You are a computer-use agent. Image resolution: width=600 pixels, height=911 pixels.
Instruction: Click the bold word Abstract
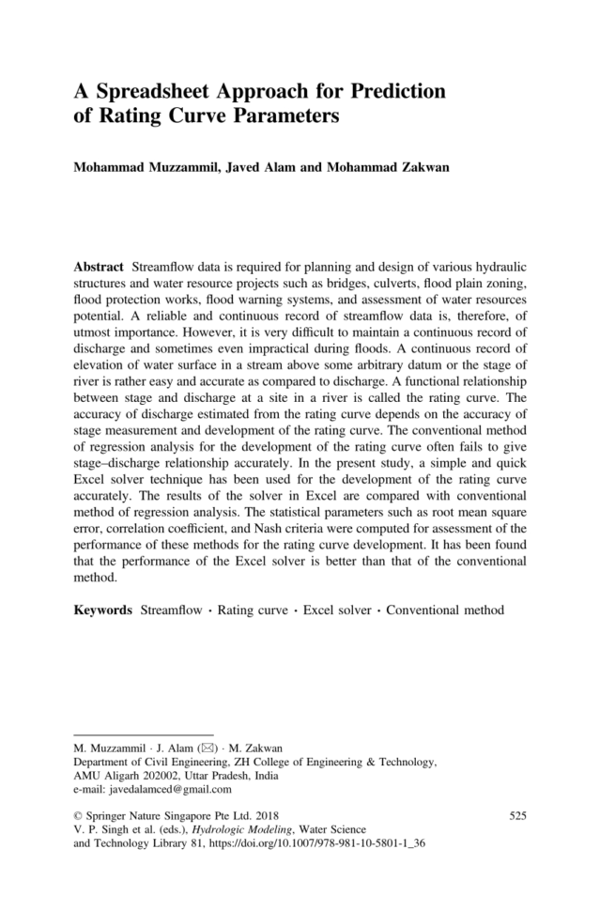pyautogui.click(x=99, y=267)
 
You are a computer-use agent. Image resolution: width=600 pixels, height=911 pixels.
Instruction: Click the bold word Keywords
pyautogui.click(x=102, y=610)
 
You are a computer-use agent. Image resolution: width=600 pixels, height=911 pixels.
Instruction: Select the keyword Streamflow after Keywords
pyautogui.click(x=174, y=610)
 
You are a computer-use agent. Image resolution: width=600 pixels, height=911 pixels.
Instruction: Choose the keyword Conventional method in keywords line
pyautogui.click(x=445, y=610)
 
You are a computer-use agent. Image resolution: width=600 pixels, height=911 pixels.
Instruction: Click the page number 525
pyautogui.click(x=516, y=816)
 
